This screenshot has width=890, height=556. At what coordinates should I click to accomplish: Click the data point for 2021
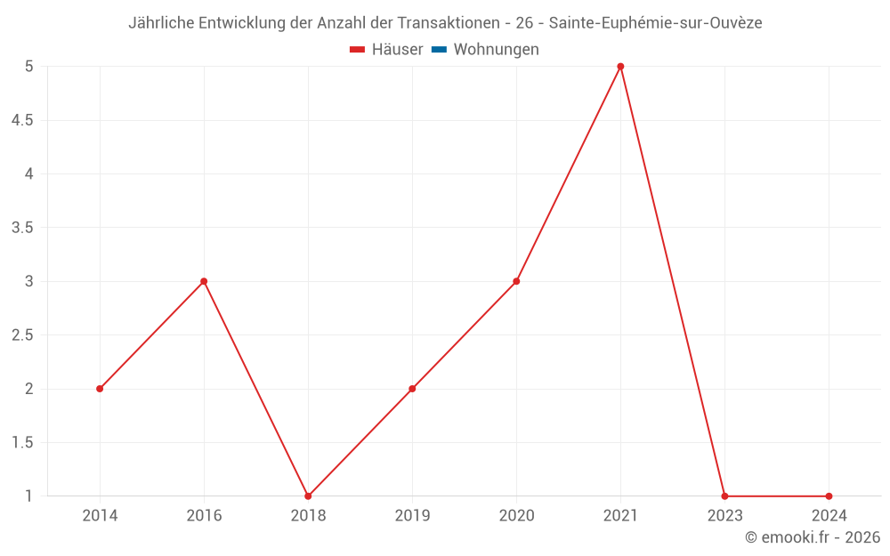tap(620, 67)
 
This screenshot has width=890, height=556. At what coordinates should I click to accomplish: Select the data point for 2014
tap(100, 389)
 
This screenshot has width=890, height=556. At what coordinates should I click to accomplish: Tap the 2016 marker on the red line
tap(204, 281)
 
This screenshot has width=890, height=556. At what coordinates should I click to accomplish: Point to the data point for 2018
tap(308, 496)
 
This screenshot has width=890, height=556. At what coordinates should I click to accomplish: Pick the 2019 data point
tap(412, 389)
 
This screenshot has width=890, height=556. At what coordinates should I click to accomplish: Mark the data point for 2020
tap(516, 281)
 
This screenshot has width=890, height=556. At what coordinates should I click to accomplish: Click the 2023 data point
tap(724, 496)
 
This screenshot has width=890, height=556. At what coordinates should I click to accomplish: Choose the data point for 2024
tap(829, 496)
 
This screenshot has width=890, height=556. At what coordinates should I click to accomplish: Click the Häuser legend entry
tap(386, 50)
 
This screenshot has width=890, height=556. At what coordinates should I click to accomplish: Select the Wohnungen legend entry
tap(486, 50)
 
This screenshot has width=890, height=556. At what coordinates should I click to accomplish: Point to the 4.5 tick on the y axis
tap(22, 120)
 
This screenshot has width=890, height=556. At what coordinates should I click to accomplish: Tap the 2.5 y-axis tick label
tap(22, 335)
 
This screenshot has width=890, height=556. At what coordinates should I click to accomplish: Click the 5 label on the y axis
tap(28, 67)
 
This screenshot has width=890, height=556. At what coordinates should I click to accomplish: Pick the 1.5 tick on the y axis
tap(22, 442)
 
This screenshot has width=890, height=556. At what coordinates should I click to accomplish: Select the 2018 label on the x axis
tap(308, 515)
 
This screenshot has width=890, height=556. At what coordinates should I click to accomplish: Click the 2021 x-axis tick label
tap(620, 515)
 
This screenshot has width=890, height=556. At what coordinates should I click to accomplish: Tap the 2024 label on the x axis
tap(829, 515)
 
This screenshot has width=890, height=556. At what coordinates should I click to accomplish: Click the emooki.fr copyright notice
tap(812, 537)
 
